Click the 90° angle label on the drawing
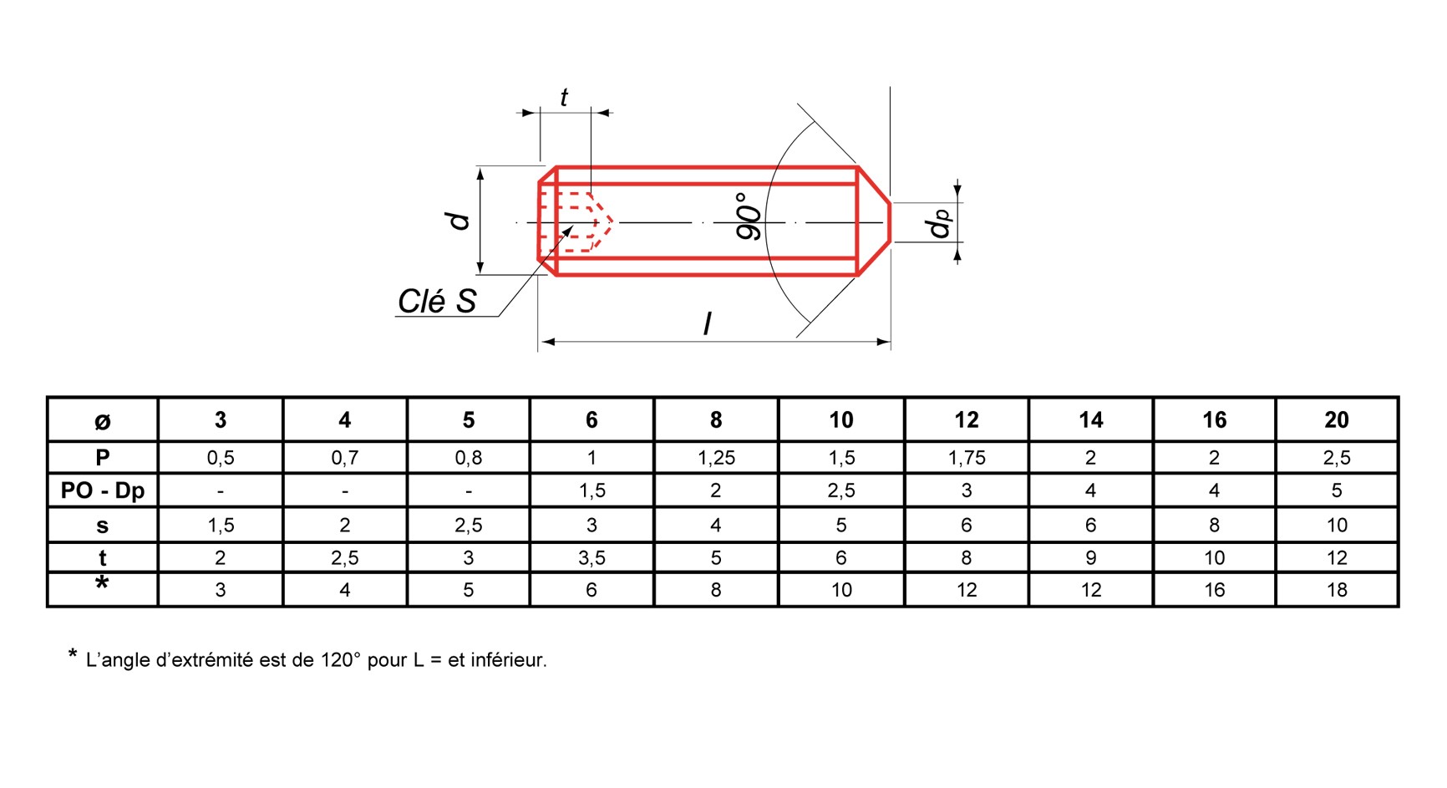749,216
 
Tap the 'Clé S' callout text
437,302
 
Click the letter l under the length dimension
708,323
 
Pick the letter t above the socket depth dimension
564,98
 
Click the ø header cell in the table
103,420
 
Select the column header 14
1090,419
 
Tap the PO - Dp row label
103,491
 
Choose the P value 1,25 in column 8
716,458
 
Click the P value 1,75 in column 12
967,458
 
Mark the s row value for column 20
1337,525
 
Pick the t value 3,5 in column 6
591,557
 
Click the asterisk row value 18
1337,590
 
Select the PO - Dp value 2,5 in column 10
840,491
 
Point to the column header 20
1337,419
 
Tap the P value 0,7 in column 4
344,458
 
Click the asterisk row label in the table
102,583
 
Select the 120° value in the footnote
341,660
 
